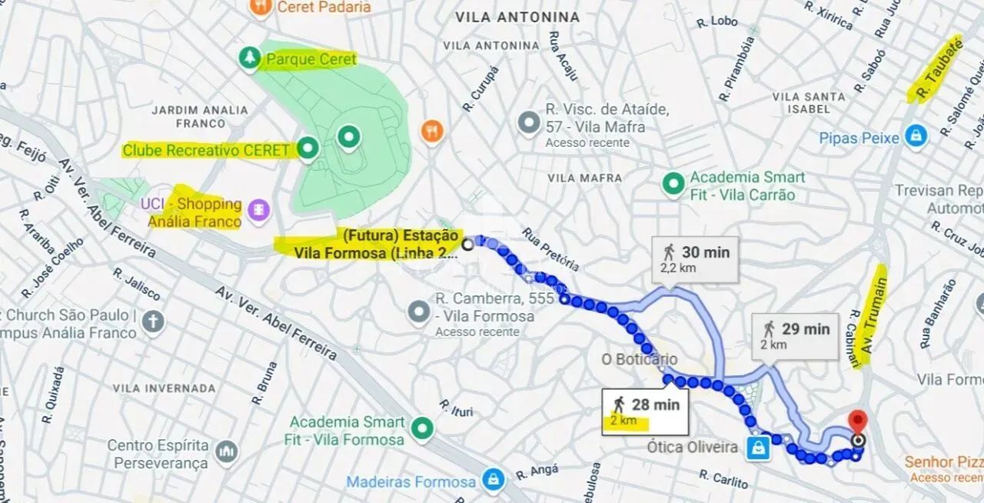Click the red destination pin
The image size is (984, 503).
pos(857,422)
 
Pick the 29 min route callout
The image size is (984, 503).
pos(795,335)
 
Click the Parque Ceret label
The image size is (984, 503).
pos(311,59)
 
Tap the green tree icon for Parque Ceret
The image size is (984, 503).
pos(249,58)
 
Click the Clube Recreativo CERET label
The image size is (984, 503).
pos(206,150)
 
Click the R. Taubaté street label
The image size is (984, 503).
pos(936,69)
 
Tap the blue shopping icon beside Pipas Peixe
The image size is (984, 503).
pos(915,138)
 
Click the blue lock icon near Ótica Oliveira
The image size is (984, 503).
pos(758,448)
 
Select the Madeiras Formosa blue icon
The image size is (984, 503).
pos(493,482)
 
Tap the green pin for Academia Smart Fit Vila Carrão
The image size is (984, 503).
pos(673,184)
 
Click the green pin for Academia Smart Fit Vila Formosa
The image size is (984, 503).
pos(421,429)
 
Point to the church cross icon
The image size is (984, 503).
pos(153,321)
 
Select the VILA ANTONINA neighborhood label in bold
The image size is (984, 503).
pos(517,17)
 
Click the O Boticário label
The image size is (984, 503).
pos(640,359)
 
